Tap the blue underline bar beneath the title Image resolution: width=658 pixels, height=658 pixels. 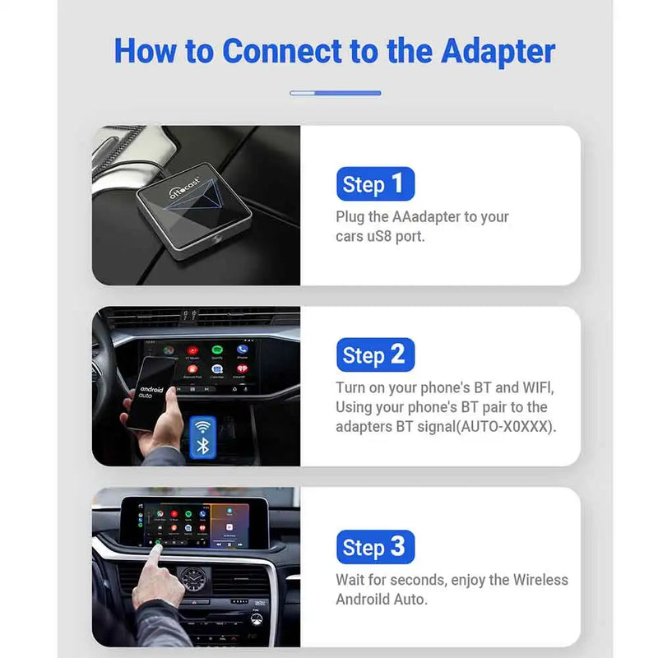pyautogui.click(x=335, y=93)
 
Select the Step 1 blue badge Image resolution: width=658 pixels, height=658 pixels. pyautogui.click(x=375, y=184)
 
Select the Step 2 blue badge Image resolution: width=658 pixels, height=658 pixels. pyautogui.click(x=375, y=355)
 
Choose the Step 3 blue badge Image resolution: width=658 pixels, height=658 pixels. pyautogui.click(x=375, y=548)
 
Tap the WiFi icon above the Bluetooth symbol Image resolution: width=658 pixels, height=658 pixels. pyautogui.click(x=203, y=427)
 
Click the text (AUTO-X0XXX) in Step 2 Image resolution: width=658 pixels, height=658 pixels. pyautogui.click(x=500, y=427)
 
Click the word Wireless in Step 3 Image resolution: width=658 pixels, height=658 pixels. pyautogui.click(x=540, y=580)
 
